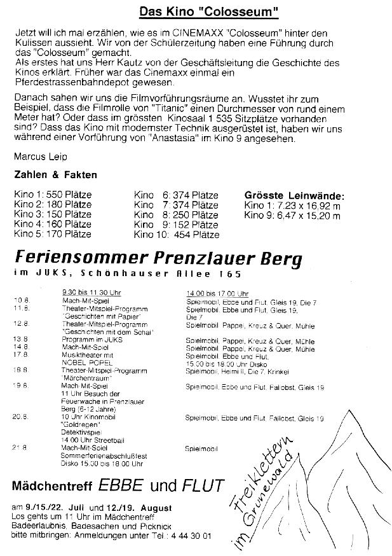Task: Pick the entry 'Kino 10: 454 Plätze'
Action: [x=177, y=235]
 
